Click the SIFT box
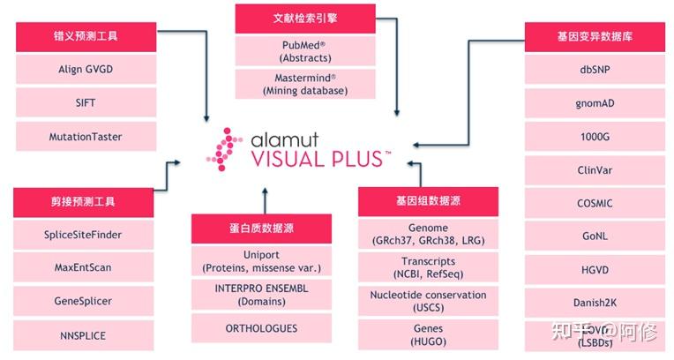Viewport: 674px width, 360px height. tap(86, 102)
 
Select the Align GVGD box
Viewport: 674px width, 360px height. tap(86, 68)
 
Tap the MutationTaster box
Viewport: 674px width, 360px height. tap(86, 137)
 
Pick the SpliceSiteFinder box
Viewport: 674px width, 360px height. tap(83, 235)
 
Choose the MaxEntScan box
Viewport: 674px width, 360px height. tap(83, 267)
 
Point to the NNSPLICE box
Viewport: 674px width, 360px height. tap(83, 334)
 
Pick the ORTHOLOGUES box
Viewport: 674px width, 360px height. tap(261, 328)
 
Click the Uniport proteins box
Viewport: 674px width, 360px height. tap(261, 260)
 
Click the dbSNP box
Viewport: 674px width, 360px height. tap(595, 68)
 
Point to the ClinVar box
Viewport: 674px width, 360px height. tap(595, 169)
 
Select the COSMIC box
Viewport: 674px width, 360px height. tap(595, 203)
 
